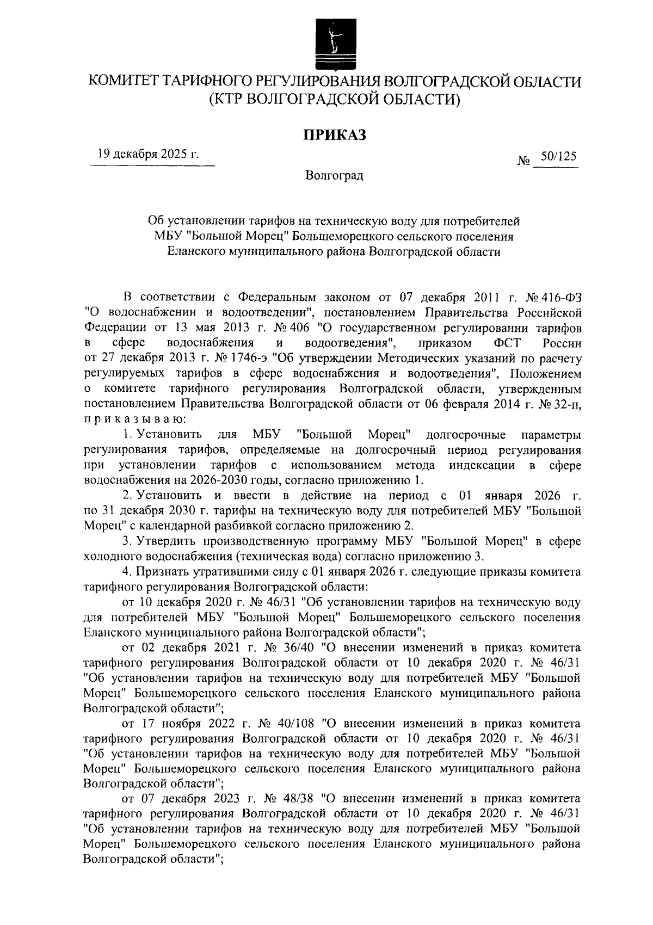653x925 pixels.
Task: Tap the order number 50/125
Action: (x=555, y=156)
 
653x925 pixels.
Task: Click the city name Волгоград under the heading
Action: (x=334, y=175)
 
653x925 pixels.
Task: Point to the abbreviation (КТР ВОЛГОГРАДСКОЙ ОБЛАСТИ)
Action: (x=334, y=100)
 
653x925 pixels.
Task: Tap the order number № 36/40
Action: (x=288, y=648)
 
